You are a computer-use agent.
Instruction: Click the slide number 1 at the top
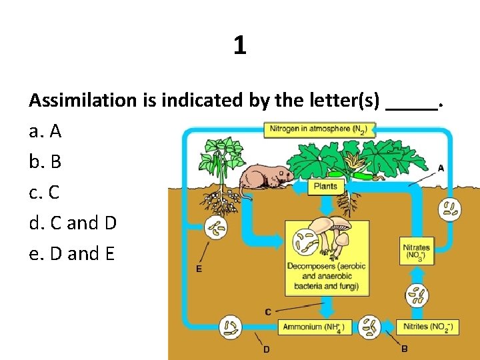[240, 45]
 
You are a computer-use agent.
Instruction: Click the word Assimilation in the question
[82, 101]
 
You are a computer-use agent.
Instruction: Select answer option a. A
[45, 131]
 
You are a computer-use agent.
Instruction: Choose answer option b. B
[45, 162]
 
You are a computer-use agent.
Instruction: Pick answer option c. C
[45, 193]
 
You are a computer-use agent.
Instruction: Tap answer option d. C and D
[73, 223]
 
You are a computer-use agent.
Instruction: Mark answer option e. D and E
[72, 253]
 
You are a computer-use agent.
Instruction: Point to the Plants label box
[325, 186]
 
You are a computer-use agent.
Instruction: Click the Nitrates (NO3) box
[417, 252]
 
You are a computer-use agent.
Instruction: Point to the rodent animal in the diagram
[264, 178]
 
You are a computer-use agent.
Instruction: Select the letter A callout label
[441, 168]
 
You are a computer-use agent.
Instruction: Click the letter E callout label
[199, 269]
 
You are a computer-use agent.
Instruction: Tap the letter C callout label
[267, 311]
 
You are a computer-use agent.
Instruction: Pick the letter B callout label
[405, 349]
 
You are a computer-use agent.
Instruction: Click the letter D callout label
[266, 349]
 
